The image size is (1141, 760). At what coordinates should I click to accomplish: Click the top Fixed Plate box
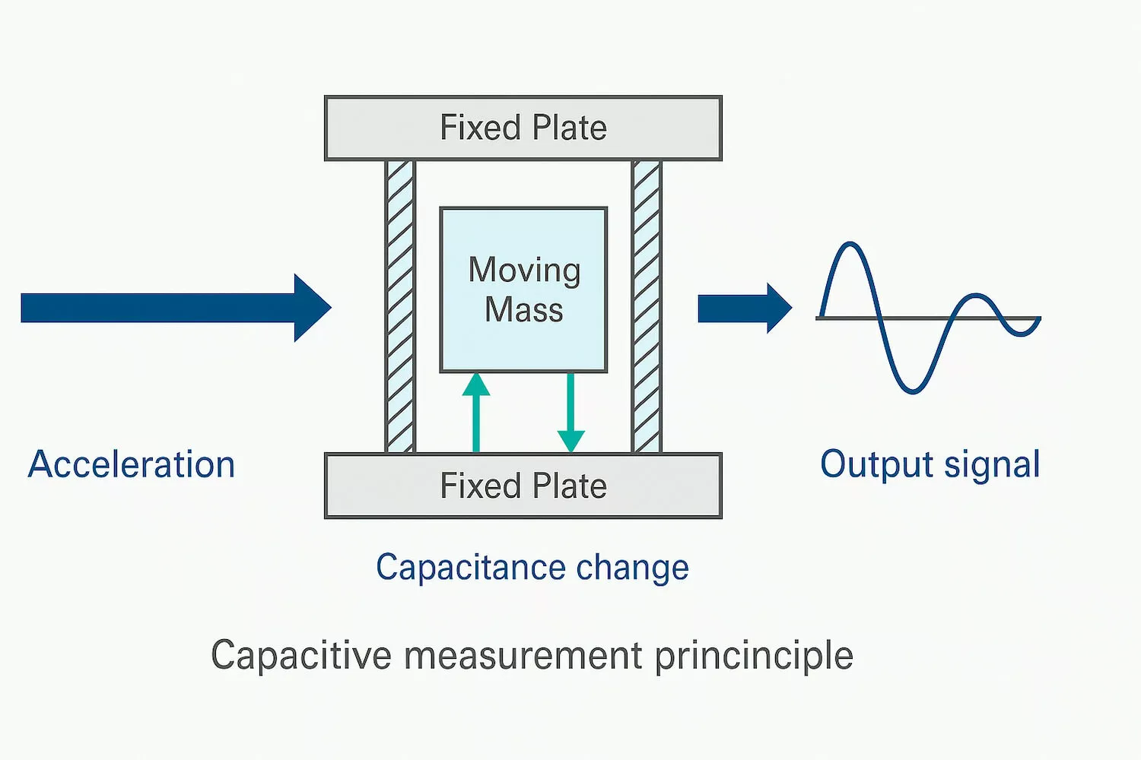tap(523, 128)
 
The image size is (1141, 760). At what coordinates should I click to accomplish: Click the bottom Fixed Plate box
tap(523, 486)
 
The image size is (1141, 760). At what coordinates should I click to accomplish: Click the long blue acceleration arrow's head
tap(312, 308)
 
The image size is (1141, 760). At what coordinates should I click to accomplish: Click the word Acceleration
tap(132, 464)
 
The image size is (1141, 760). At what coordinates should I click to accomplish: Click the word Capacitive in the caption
tap(301, 655)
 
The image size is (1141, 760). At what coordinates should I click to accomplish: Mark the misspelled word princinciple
tap(754, 655)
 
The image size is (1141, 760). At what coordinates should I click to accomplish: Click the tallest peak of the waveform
tap(850, 245)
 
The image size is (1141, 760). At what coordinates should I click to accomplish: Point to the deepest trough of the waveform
tap(913, 391)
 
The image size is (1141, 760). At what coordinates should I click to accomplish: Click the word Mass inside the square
tap(524, 310)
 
